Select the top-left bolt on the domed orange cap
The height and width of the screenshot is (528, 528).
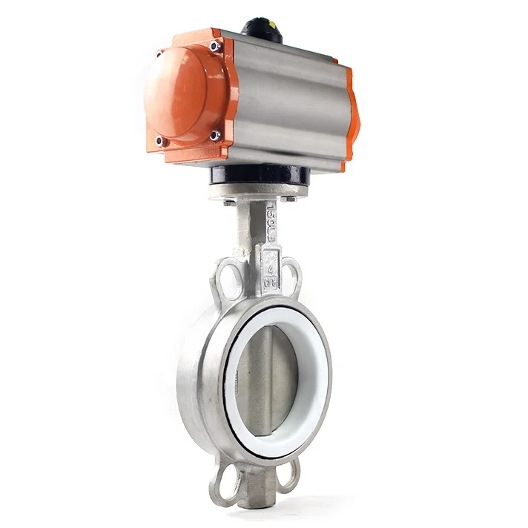point(159,55)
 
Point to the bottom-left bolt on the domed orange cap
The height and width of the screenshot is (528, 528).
point(160,140)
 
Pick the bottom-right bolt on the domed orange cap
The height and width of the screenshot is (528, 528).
point(215,136)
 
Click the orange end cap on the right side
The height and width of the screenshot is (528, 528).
point(353,111)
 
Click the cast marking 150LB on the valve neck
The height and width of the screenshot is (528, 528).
point(271,221)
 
